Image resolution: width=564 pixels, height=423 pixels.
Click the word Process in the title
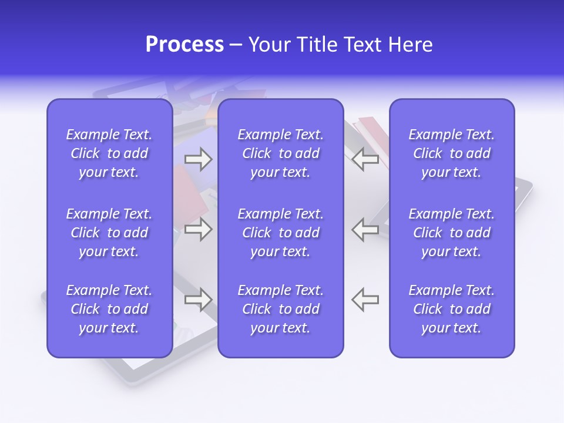[184, 45]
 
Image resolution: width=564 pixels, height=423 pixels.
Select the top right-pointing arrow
[198, 160]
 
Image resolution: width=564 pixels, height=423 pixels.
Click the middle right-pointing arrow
[198, 229]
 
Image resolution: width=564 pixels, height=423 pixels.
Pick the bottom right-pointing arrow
[198, 300]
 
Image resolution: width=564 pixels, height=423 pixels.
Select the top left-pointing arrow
[365, 160]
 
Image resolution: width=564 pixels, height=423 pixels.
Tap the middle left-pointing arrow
[365, 229]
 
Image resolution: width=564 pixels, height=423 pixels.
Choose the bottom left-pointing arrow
[365, 300]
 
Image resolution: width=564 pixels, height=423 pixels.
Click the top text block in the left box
[109, 153]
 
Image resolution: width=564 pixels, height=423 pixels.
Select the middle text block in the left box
[109, 233]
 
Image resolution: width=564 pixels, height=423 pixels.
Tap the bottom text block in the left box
[109, 309]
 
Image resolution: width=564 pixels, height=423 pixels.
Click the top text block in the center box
[280, 153]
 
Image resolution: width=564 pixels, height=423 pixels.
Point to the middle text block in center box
[280, 233]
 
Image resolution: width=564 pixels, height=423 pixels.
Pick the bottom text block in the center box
[280, 309]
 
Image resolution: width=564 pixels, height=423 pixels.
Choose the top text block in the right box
[451, 153]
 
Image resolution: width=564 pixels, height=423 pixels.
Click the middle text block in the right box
[451, 233]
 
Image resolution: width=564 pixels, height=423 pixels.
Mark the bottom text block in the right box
[451, 309]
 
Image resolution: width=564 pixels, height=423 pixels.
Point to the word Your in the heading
[267, 45]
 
